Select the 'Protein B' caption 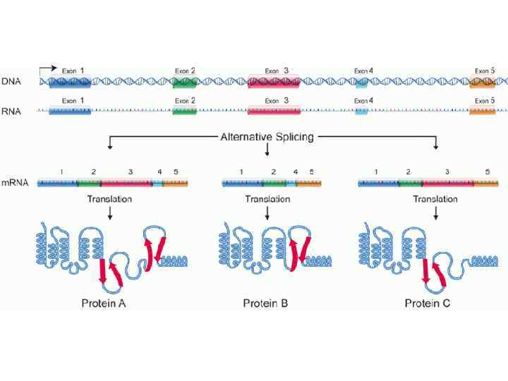[265, 304]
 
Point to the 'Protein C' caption [428, 304]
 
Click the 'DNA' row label [11, 82]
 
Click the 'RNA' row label [11, 111]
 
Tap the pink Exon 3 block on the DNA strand [273, 82]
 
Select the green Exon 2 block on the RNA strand [184, 111]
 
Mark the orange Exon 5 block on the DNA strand [483, 82]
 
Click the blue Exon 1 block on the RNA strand [69, 111]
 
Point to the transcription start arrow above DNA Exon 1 [47, 69]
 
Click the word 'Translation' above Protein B [267, 199]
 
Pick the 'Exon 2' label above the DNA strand [184, 71]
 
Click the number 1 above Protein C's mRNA [375, 172]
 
